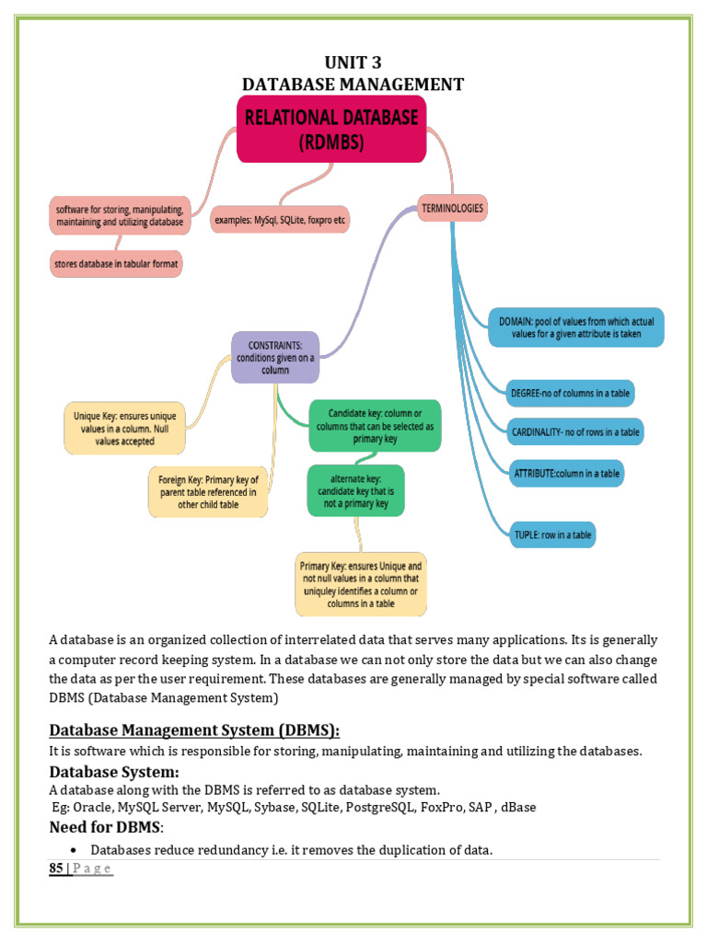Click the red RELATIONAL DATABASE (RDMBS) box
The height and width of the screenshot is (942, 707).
(331, 129)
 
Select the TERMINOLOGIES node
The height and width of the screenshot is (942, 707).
(452, 209)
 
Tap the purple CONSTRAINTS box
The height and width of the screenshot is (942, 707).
(275, 358)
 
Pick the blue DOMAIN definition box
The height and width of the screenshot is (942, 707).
(576, 327)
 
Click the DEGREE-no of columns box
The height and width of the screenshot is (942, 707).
(570, 394)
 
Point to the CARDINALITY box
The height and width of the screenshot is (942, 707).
(575, 432)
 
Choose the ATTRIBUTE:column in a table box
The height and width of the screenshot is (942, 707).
(566, 474)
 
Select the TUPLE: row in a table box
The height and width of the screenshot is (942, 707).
(552, 534)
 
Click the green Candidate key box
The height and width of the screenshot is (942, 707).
(376, 426)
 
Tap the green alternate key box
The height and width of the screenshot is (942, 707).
(356, 491)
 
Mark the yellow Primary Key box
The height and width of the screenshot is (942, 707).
(361, 584)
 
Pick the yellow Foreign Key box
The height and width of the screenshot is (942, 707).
(208, 492)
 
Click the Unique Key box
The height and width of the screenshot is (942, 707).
(124, 429)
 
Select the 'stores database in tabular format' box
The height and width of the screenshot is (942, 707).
(116, 264)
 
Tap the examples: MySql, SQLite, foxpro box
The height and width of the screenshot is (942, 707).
(280, 220)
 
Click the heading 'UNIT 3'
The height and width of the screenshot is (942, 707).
(353, 63)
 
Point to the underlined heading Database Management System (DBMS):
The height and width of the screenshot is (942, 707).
(194, 729)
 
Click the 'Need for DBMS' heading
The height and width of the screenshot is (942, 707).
(107, 827)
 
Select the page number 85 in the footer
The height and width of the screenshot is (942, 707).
(56, 868)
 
